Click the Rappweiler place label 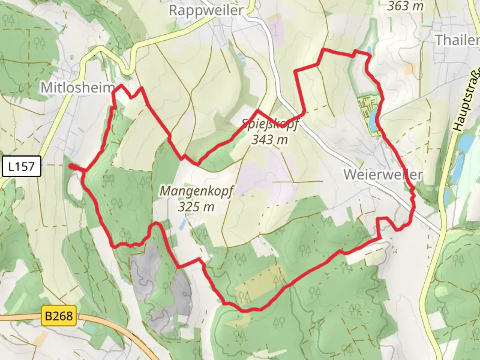tap(206, 10)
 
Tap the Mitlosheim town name tap(77, 88)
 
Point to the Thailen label tap(457, 40)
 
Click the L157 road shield tap(21, 166)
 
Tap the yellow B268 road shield tap(59, 315)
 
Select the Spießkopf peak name tap(270, 124)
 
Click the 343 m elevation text tap(269, 139)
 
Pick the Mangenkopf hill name tap(196, 191)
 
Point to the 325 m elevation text tap(196, 207)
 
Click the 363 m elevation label tap(405, 6)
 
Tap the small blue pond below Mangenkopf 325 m tap(182, 225)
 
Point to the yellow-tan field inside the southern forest tap(257, 283)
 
